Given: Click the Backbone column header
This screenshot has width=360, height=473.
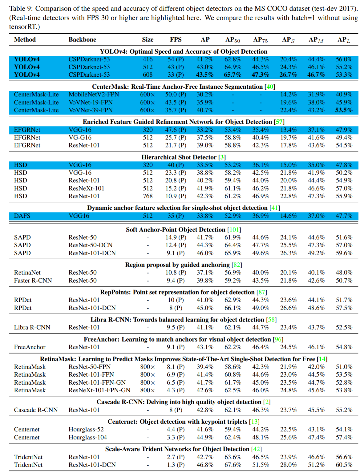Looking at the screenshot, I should click(x=82, y=40).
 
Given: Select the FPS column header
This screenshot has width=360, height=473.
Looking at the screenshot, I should click(x=176, y=40).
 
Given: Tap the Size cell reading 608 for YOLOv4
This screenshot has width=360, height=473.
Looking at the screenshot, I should click(x=148, y=75).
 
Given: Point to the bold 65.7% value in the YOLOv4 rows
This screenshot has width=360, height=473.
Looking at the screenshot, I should click(x=232, y=75).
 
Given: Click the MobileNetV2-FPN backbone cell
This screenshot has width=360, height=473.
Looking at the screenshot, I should click(x=94, y=95).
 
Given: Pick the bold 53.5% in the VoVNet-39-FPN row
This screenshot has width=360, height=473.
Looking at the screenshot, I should click(x=344, y=110).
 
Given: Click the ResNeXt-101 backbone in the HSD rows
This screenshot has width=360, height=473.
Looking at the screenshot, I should click(x=86, y=188).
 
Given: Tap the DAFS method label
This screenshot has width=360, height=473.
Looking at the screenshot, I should click(x=22, y=216).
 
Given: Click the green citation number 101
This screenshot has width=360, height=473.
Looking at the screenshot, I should click(x=234, y=230).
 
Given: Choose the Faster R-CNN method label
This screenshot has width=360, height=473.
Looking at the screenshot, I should click(x=33, y=281).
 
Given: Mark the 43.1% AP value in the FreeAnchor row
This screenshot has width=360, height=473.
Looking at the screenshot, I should click(x=205, y=347).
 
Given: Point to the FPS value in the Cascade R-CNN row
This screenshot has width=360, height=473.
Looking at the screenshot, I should click(x=176, y=410).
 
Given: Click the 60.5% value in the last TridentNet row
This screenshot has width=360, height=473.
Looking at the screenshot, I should click(x=344, y=465).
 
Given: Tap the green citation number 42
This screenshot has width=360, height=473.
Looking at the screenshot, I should click(x=256, y=449).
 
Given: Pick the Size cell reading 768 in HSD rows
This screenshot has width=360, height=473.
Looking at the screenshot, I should click(x=148, y=196).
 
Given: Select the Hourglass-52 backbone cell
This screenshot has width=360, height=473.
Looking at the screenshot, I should click(x=86, y=430).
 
